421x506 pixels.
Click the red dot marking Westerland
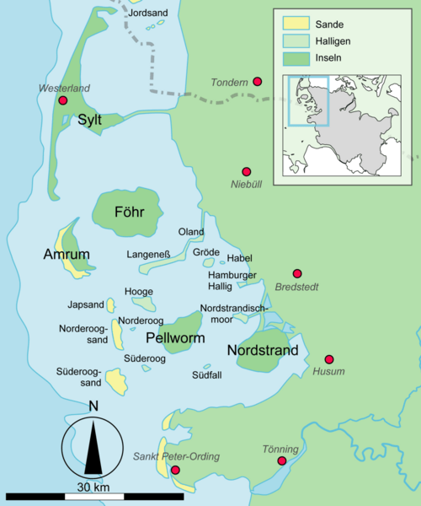coord(62,101)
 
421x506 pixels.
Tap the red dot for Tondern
coord(258,82)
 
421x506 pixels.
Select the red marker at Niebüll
coord(247,171)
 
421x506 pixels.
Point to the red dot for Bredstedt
coord(297,274)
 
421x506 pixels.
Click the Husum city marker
coord(329,358)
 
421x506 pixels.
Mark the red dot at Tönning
coord(282,461)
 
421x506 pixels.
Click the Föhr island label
coord(125,212)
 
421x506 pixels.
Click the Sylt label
coord(89,121)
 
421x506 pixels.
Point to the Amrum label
coord(67,254)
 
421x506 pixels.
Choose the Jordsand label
coord(147,13)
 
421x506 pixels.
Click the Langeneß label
coord(149,253)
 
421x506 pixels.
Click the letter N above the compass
coord(93,406)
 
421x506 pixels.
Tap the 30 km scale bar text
coord(92,487)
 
